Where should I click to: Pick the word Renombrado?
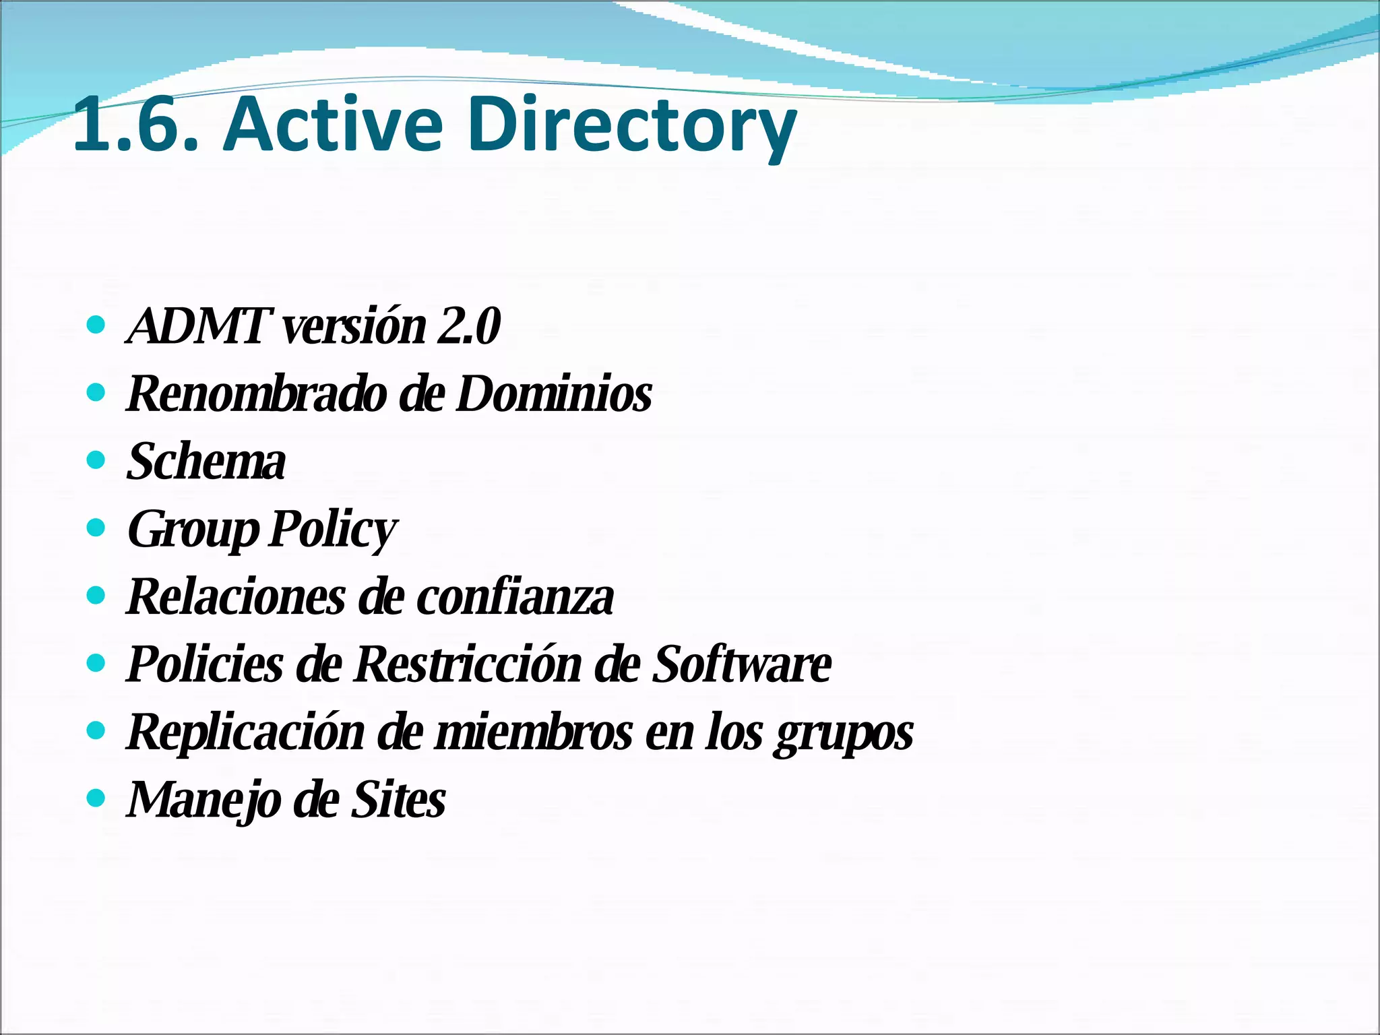[256, 394]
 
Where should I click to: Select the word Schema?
[206, 462]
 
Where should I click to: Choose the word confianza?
[515, 597]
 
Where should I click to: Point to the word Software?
[742, 664]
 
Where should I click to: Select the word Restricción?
[468, 664]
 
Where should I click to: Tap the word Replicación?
[246, 732]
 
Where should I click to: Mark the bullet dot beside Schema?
[97, 460]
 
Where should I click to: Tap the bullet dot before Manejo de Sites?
[97, 798]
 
